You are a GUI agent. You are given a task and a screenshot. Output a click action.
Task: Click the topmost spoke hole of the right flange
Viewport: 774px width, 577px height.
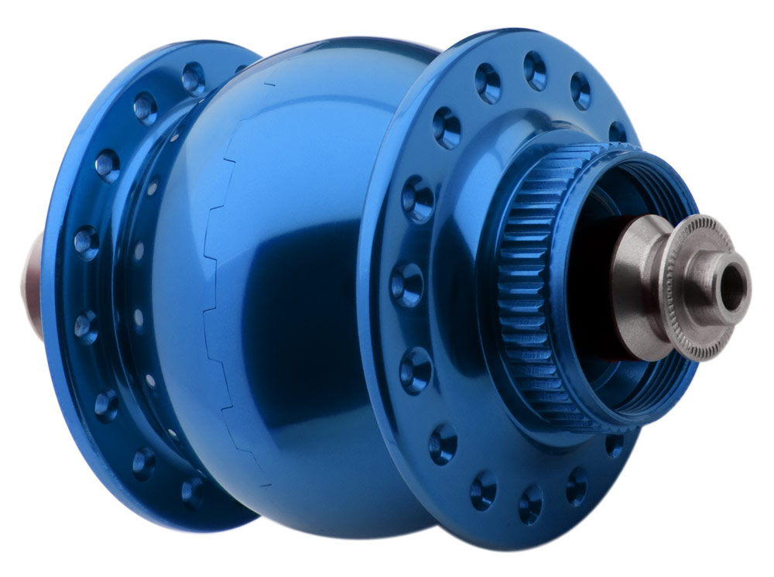(535, 69)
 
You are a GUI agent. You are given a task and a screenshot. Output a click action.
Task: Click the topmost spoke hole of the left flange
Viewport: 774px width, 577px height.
(193, 77)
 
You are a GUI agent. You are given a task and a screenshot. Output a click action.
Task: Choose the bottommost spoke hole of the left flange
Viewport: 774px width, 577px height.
(190, 492)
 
